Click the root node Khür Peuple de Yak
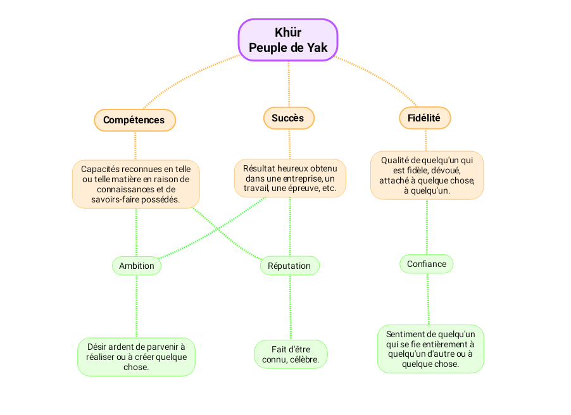pos(288,40)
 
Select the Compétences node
pos(134,120)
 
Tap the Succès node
pos(288,118)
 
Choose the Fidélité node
pos(425,118)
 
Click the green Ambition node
pos(137,266)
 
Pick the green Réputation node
pos(289,266)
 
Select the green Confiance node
pos(427,264)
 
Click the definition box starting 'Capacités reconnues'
pos(135,184)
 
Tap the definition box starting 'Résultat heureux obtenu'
pos(290,178)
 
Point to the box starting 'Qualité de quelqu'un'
pos(427,175)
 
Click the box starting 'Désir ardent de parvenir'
pos(136,357)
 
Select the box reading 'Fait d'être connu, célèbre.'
pos(291,354)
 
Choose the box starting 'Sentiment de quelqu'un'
pos(430,349)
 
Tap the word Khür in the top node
pos(288,32)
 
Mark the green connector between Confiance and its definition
pos(428,299)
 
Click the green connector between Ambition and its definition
pos(137,306)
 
